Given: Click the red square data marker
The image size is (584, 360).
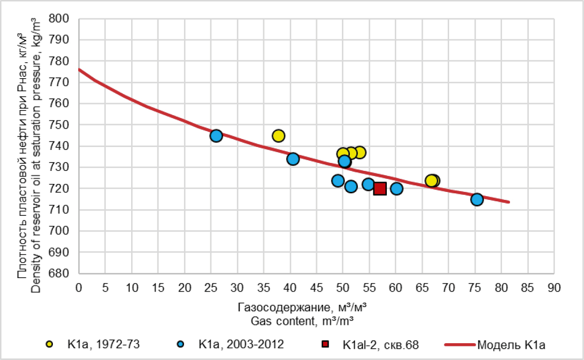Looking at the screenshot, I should (x=379, y=189).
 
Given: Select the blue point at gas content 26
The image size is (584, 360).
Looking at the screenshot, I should (x=216, y=136).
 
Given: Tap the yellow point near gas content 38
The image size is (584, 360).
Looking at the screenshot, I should (x=279, y=136).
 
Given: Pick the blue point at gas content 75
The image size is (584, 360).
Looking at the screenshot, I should (x=477, y=199).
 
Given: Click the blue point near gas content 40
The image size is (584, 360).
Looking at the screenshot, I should (x=293, y=159).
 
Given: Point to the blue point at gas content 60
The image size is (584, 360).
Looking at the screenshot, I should (x=397, y=189).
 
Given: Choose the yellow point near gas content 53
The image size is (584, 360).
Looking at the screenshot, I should (x=360, y=153).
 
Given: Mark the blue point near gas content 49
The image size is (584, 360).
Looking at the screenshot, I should (x=338, y=181).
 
